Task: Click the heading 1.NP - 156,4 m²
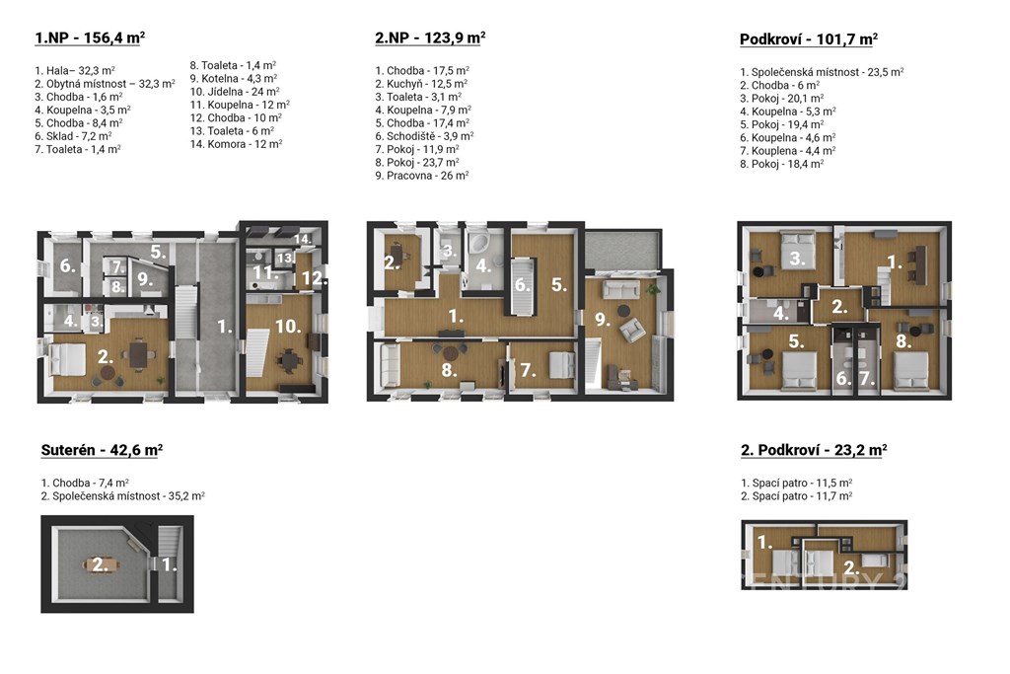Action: click(90, 37)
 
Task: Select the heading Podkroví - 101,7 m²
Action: click(809, 38)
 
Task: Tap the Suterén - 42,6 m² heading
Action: click(102, 450)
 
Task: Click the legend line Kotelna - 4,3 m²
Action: click(233, 79)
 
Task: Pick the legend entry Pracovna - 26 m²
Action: click(422, 176)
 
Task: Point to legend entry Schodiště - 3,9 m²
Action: click(424, 136)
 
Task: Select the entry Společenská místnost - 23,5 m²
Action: click(822, 72)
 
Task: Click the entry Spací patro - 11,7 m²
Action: click(797, 496)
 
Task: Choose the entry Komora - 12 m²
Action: click(236, 144)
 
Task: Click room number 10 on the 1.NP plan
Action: click(287, 327)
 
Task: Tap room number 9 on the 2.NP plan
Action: click(603, 319)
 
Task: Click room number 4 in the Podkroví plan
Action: click(781, 314)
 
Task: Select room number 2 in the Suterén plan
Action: click(100, 565)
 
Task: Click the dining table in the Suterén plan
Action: click(101, 565)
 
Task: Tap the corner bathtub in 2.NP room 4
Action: click(477, 246)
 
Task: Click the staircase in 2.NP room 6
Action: click(523, 286)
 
